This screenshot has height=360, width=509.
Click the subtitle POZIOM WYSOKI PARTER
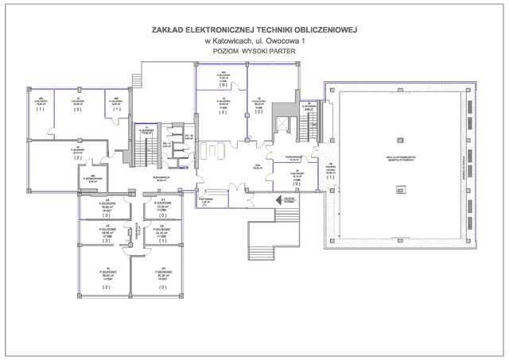[254, 51]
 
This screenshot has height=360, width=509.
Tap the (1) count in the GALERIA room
[330, 177]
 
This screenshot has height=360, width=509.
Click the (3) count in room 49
[77, 110]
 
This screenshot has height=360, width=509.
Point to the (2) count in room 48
[77, 158]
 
